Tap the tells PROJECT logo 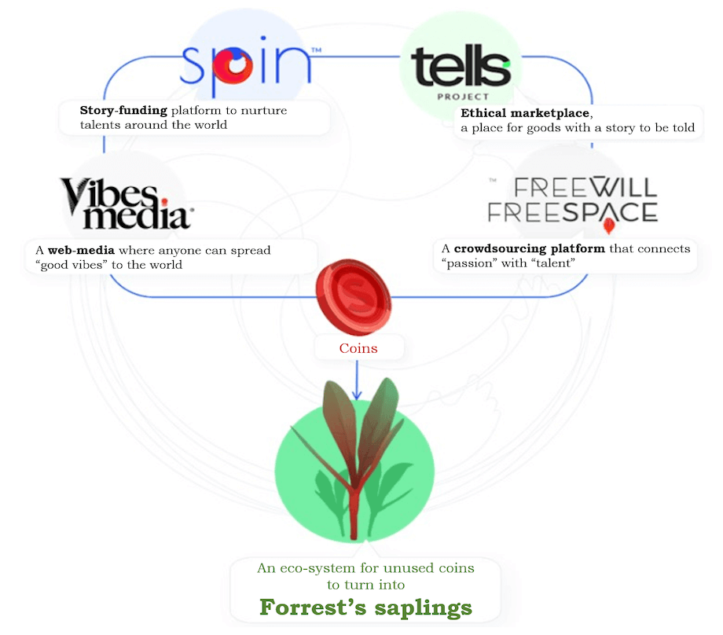[461, 72]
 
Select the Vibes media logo [126, 204]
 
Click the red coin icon [354, 296]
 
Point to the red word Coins [358, 348]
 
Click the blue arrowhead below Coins [357, 395]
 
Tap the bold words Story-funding [123, 110]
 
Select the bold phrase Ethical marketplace [525, 113]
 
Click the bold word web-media [81, 250]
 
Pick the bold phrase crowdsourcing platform [530, 248]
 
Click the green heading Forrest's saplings [365, 607]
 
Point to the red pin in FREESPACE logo [609, 226]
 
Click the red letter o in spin [233, 66]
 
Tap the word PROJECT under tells [463, 97]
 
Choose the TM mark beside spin [316, 50]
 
